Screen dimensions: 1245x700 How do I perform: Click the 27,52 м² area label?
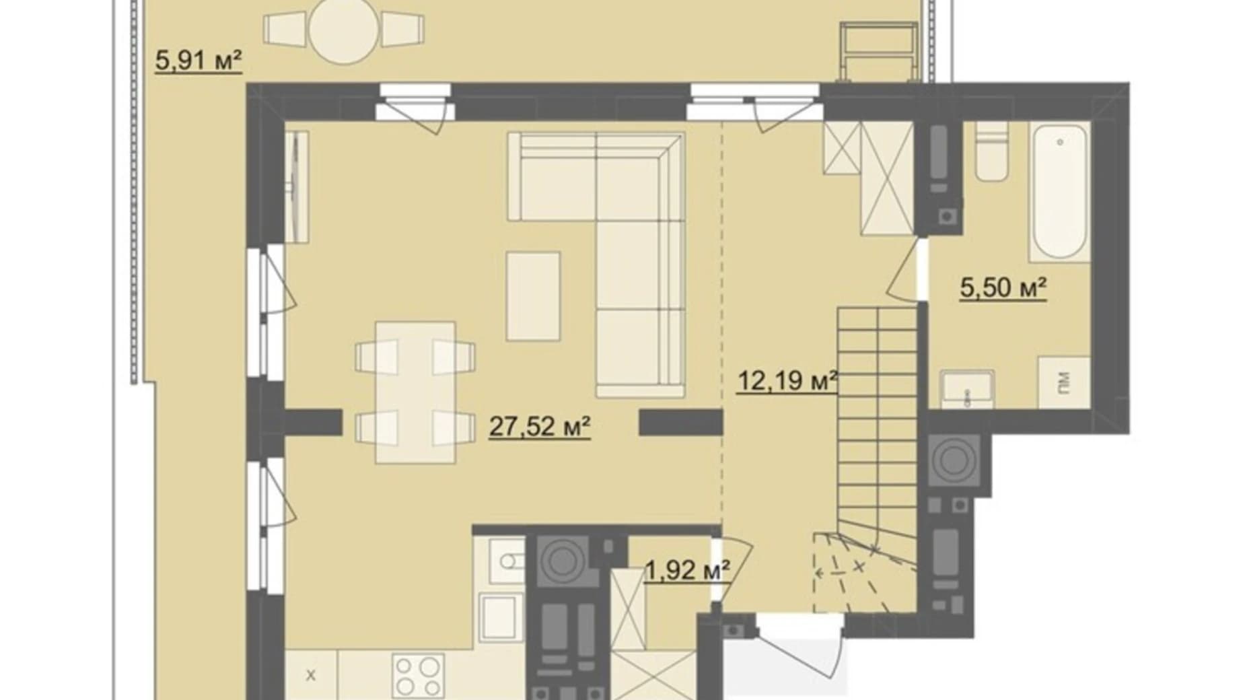[540, 426]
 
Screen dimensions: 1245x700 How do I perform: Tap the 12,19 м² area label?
[787, 381]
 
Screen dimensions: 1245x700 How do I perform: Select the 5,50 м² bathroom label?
[1003, 288]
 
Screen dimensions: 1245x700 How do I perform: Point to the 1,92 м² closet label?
[687, 571]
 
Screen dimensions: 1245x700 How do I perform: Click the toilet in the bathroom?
[991, 152]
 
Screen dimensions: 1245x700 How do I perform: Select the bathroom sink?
[967, 389]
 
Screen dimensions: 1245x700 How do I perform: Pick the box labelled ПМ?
[1063, 382]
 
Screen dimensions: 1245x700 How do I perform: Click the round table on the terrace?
[344, 30]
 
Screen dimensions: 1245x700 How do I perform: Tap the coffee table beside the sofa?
[533, 296]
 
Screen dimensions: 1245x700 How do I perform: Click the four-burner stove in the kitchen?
[418, 676]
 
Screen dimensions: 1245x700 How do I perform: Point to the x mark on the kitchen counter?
[311, 674]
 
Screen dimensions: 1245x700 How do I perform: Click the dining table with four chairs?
[415, 392]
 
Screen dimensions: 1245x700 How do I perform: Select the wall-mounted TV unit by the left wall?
[295, 186]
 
